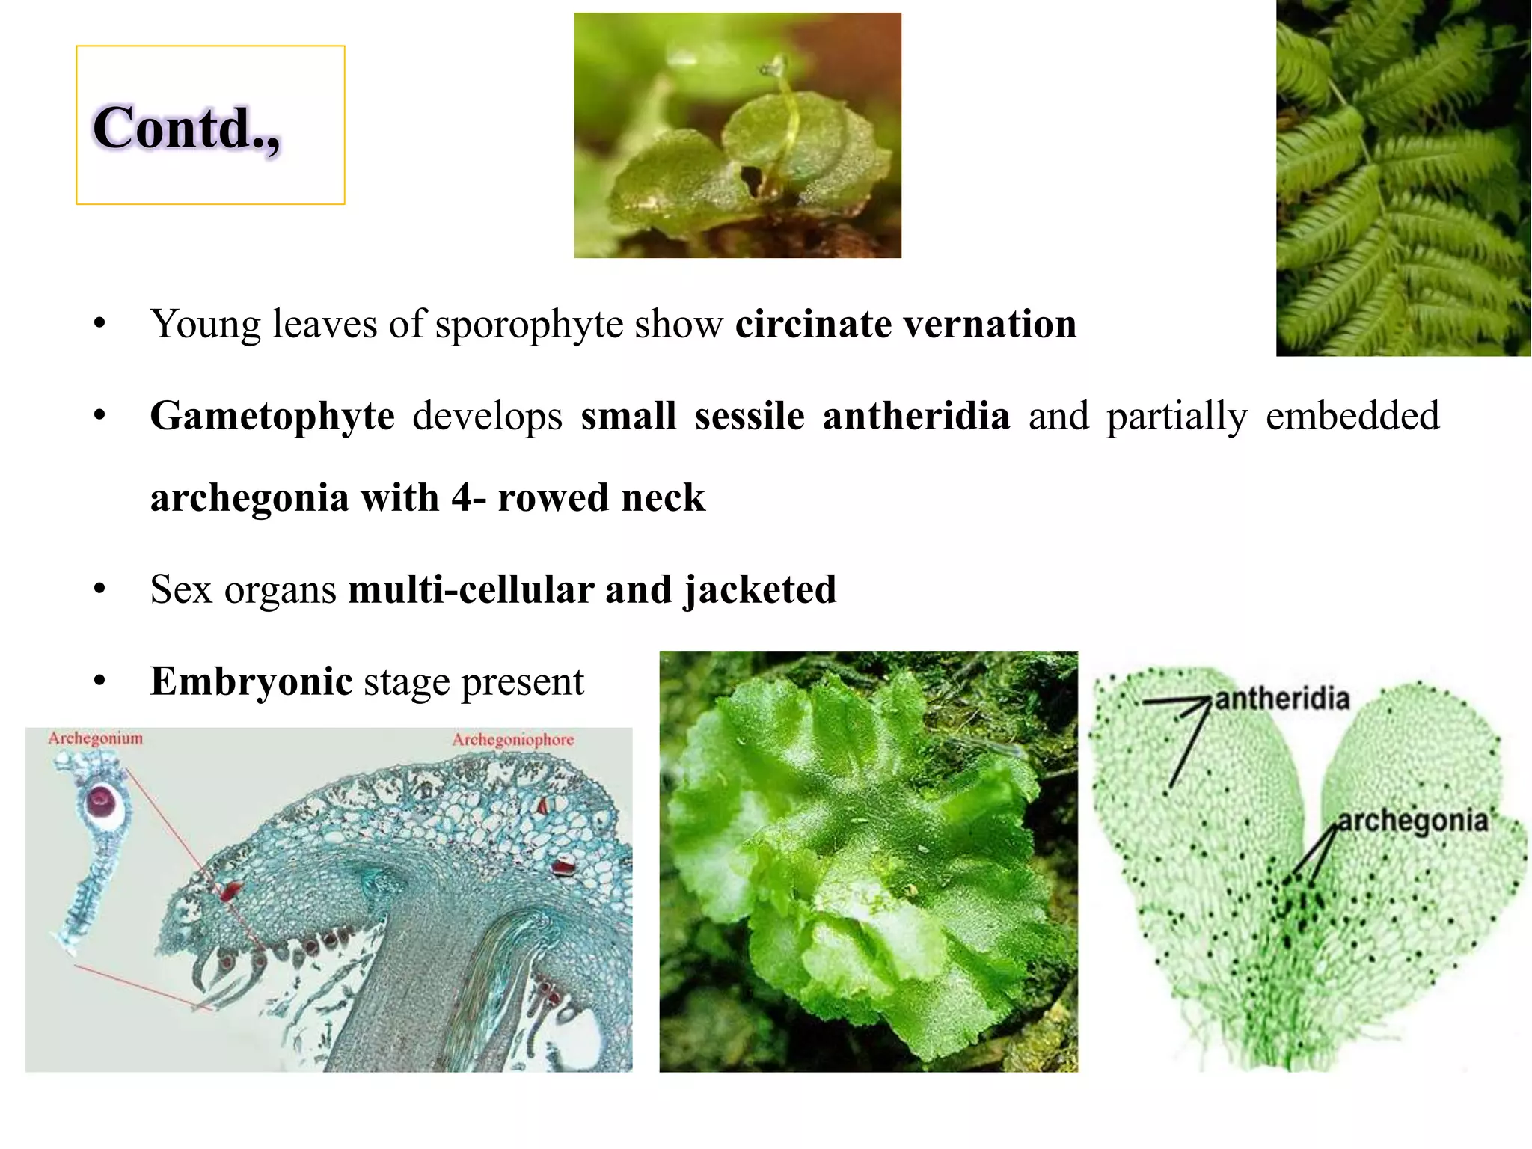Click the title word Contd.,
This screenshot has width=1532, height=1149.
tap(186, 129)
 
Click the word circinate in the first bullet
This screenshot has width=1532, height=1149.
tap(813, 325)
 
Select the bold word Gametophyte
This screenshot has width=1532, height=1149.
tap(272, 416)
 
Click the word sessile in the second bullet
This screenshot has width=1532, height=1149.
tap(750, 416)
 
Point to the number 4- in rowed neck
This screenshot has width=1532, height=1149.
tap(468, 498)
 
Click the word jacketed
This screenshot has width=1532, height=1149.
tap(760, 590)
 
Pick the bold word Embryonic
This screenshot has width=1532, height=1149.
tap(251, 681)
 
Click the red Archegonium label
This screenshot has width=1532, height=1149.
tap(95, 738)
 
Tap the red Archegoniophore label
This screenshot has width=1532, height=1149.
tap(512, 740)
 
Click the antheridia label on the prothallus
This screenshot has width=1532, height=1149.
tap(1281, 699)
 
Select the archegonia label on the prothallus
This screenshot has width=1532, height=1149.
tap(1412, 821)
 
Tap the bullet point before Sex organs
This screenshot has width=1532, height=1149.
tap(99, 590)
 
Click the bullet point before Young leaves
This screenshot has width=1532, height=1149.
tap(99, 325)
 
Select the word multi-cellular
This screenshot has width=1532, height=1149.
tap(471, 590)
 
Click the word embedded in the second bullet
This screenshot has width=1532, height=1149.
tap(1352, 416)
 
